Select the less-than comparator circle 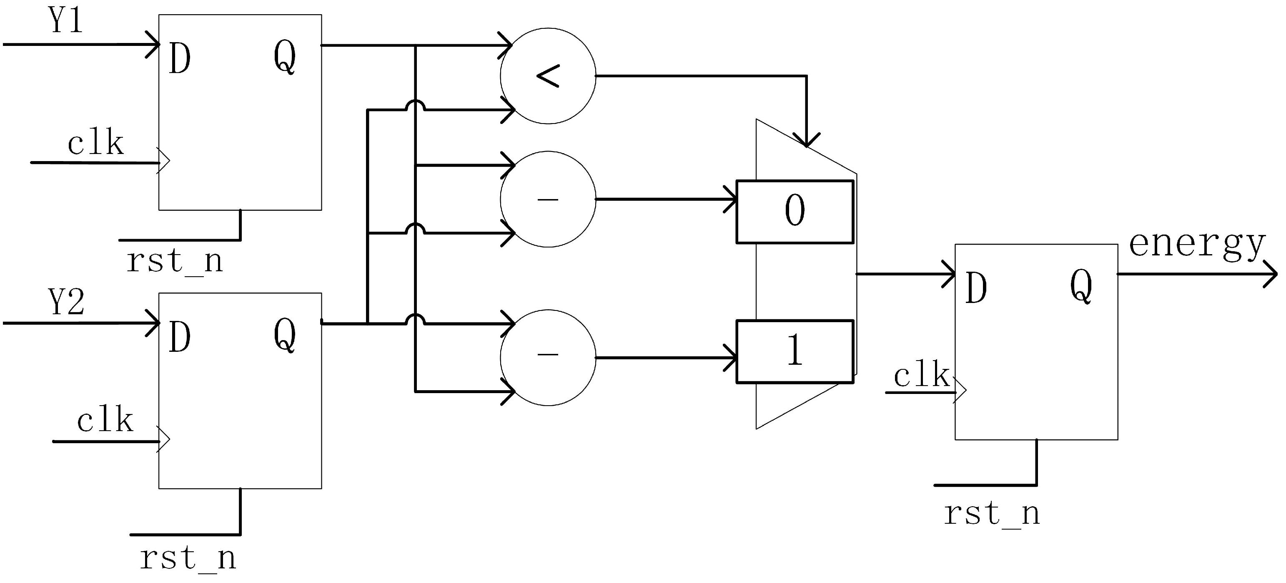[548, 76]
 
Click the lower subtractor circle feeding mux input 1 [548, 358]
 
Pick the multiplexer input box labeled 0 [795, 212]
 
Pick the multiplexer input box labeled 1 [795, 352]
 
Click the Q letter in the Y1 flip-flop [285, 58]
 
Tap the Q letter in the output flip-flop [1081, 286]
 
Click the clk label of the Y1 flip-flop [95, 144]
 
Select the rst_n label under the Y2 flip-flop [188, 558]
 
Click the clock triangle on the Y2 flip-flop [164, 439]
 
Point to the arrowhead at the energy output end [1271, 274]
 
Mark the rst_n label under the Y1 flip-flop [174, 261]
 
